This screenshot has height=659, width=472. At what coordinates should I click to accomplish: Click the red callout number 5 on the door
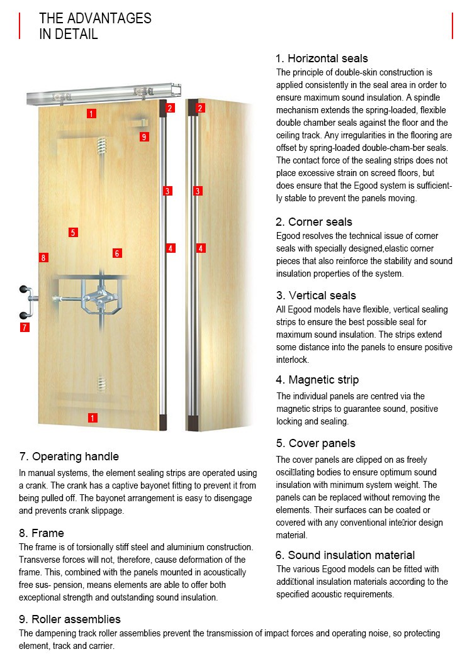click(74, 233)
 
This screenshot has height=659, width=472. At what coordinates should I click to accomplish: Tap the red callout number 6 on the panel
click(117, 253)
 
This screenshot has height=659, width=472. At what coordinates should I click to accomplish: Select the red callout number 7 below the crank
click(24, 327)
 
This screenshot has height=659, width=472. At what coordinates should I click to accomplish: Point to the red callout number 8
click(43, 257)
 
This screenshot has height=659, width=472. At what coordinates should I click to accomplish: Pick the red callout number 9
click(144, 137)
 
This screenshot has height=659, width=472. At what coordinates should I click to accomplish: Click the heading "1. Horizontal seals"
click(322, 58)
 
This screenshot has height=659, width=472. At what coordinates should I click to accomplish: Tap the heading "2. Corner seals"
click(314, 222)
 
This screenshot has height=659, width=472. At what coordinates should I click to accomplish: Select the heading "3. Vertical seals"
click(316, 296)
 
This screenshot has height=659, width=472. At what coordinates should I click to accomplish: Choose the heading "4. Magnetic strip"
click(317, 380)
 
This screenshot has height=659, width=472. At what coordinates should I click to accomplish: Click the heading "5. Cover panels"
click(315, 443)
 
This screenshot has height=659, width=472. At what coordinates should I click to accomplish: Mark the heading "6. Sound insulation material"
click(345, 555)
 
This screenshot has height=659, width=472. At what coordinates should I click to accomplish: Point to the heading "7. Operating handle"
click(69, 457)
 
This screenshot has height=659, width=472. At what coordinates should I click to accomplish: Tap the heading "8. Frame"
click(42, 533)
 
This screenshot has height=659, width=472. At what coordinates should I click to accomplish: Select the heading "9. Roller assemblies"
click(70, 619)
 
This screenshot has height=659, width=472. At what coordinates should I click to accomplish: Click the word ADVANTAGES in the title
click(109, 18)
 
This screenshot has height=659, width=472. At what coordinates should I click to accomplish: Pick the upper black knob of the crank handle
click(26, 290)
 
